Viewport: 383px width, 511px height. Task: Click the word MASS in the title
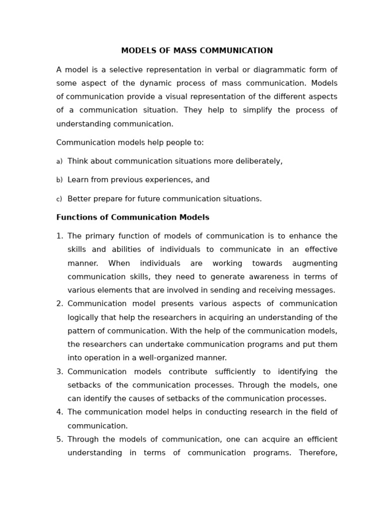(x=184, y=51)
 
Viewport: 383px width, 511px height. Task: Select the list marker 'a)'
(x=59, y=162)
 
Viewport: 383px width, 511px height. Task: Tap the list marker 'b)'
(x=59, y=180)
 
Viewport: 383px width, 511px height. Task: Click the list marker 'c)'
(x=59, y=199)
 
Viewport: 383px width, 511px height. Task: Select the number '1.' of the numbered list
(x=60, y=237)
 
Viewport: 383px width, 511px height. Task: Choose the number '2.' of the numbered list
(x=60, y=304)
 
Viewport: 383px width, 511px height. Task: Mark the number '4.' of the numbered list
(x=60, y=412)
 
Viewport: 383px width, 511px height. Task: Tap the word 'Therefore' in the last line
(x=318, y=453)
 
